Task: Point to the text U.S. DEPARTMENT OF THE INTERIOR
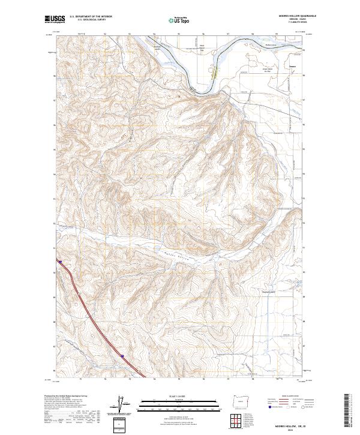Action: [x=91, y=16]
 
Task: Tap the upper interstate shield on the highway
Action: [x=60, y=261]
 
